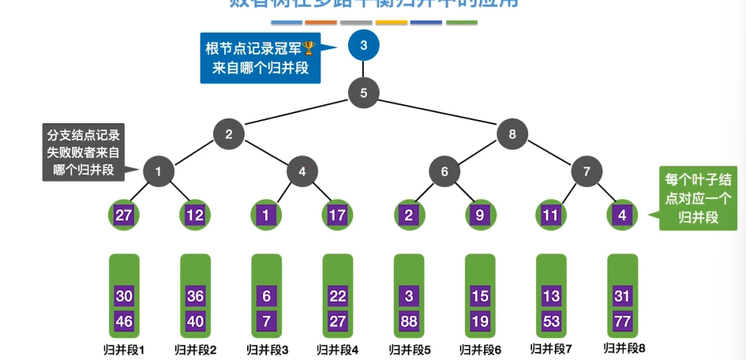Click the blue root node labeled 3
(363, 45)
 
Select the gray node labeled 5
(363, 92)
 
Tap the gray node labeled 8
(512, 133)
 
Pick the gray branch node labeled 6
(444, 171)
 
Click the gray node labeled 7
(586, 171)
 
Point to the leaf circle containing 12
(195, 214)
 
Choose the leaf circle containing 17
(337, 214)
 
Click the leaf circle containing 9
(480, 214)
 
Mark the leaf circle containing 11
(551, 214)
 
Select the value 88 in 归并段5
(409, 321)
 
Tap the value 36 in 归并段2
(195, 296)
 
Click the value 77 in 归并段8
(621, 321)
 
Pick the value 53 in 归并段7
(551, 321)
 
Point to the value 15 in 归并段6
(480, 296)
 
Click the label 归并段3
(266, 348)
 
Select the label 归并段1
(124, 348)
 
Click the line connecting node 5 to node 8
(438, 113)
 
